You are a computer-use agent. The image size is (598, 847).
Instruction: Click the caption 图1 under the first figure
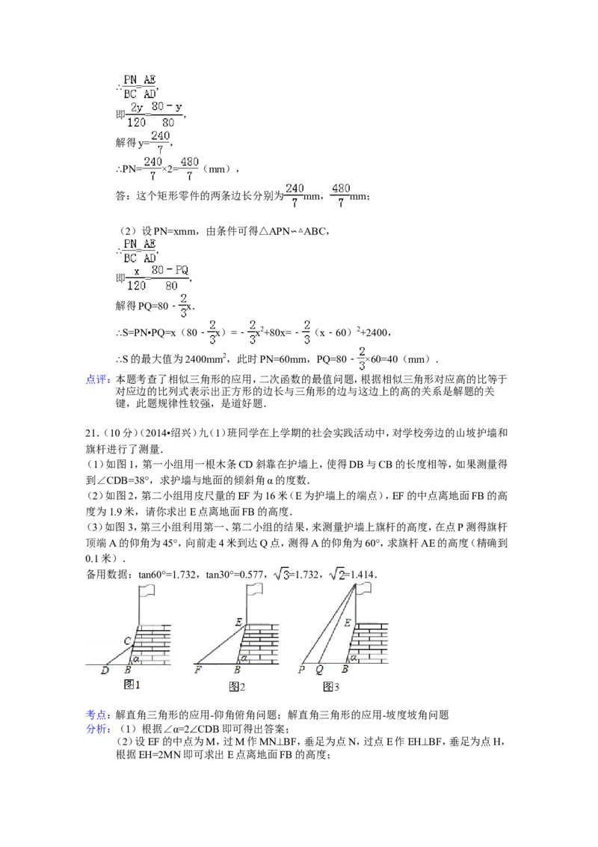click(x=132, y=684)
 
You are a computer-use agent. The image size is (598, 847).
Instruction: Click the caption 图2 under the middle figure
click(x=238, y=686)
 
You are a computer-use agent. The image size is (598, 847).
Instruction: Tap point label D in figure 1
click(x=105, y=670)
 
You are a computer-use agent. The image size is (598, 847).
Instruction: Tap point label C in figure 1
click(x=128, y=640)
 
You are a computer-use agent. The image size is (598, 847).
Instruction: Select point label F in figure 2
click(x=197, y=670)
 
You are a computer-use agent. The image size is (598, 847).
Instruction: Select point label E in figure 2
click(x=238, y=622)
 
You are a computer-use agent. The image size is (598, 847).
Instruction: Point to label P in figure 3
click(x=301, y=670)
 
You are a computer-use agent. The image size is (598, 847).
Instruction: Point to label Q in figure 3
click(x=319, y=670)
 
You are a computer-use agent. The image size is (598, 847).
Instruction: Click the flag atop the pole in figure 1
click(x=148, y=590)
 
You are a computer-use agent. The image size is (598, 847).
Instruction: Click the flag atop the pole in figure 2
click(x=256, y=590)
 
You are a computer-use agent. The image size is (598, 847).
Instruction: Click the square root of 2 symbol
click(x=336, y=574)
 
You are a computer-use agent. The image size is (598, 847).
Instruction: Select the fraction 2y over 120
click(x=135, y=114)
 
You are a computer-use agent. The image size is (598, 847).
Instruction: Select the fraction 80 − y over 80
click(x=167, y=114)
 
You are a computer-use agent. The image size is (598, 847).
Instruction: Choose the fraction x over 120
click(x=136, y=278)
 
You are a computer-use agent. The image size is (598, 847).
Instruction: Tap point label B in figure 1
click(x=128, y=670)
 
